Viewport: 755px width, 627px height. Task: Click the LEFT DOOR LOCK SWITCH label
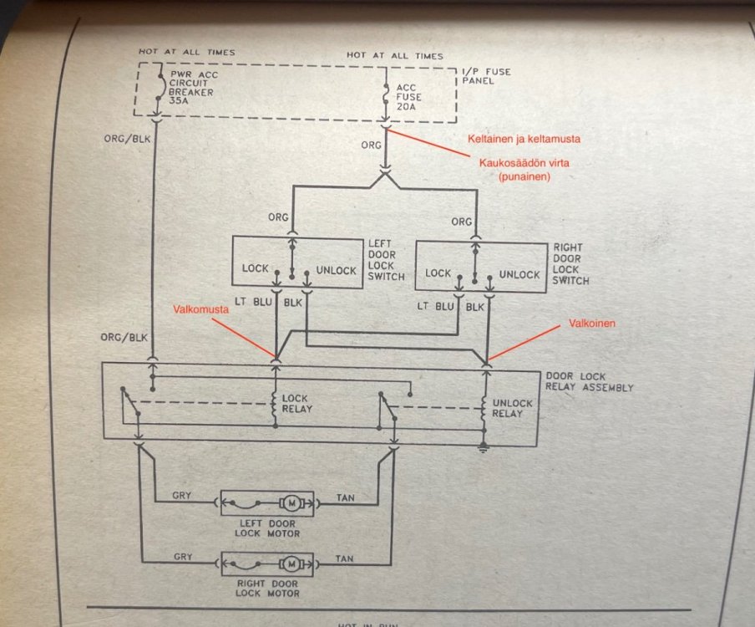386,260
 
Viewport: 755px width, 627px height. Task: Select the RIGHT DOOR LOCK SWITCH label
570,264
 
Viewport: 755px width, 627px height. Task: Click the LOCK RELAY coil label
297,403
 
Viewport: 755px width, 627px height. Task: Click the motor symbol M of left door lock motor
291,502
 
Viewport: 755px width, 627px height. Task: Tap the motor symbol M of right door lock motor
291,563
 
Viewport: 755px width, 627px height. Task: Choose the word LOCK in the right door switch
438,274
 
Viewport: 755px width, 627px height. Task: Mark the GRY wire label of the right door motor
182,556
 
